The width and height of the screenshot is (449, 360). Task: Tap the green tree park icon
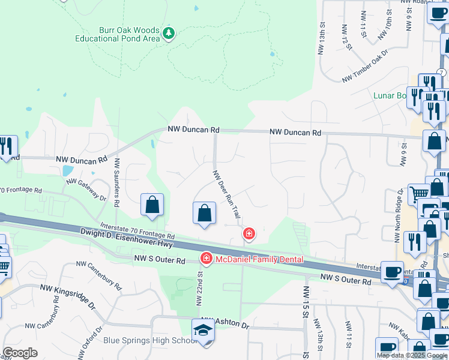[x=169, y=33]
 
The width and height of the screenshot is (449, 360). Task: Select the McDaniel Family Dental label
[x=259, y=259]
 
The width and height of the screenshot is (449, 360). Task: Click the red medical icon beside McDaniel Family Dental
[x=206, y=259]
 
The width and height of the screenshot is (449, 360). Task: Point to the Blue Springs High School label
[x=150, y=341]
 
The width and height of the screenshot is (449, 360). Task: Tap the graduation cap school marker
[x=203, y=330]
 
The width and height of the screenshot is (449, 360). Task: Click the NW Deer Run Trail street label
[x=228, y=193]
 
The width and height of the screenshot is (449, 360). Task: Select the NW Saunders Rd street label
[x=117, y=182]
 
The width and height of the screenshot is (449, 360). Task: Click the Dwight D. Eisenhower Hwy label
[x=125, y=239]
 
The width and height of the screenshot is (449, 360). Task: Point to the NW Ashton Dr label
[x=225, y=322]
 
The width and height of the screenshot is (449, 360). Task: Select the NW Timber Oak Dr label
[x=366, y=69]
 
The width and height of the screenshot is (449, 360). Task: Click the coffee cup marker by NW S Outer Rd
[x=392, y=272]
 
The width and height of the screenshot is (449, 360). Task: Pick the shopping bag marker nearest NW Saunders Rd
[x=152, y=204]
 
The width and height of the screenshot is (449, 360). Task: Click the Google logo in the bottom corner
[x=20, y=353]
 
